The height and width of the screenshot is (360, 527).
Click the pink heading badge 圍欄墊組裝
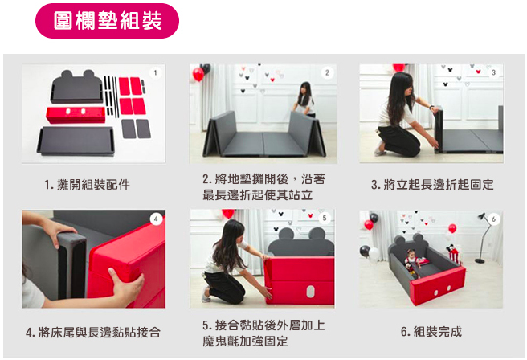(107, 21)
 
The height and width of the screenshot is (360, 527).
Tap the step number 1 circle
(155, 72)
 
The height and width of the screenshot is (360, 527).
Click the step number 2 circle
(327, 72)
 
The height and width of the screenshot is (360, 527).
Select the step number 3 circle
(493, 72)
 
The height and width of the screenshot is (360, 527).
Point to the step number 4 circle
(156, 219)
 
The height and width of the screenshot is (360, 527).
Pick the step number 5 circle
(325, 218)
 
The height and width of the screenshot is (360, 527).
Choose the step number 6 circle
(494, 219)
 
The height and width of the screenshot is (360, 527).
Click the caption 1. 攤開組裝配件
(87, 184)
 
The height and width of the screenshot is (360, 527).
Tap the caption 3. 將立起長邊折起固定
(432, 184)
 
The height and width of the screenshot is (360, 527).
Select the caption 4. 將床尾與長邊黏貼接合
(93, 332)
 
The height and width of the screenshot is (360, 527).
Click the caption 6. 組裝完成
(431, 332)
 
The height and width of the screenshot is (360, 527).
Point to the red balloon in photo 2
(198, 74)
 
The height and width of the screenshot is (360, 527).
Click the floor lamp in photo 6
(483, 237)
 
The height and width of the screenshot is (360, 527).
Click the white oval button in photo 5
(311, 292)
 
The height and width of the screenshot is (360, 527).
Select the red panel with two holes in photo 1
(76, 115)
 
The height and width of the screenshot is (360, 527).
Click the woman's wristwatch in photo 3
(432, 107)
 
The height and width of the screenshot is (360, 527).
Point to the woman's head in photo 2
(305, 88)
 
